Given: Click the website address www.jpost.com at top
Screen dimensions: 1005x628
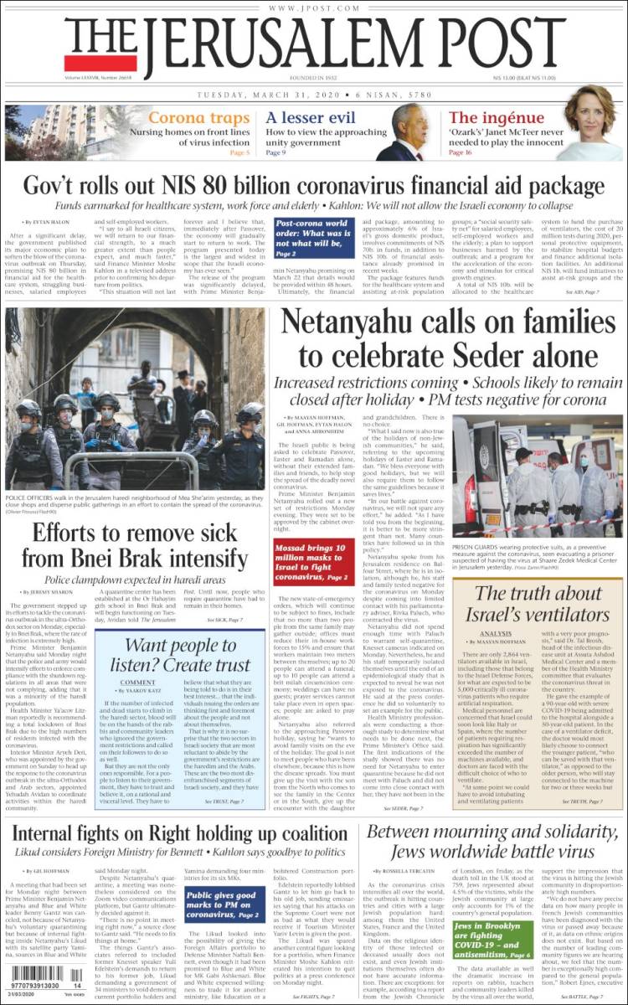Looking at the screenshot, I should (x=314, y=8).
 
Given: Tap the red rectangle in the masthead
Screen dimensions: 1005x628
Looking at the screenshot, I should (x=89, y=64).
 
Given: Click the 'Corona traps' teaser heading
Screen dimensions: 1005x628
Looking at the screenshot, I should (x=198, y=118).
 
